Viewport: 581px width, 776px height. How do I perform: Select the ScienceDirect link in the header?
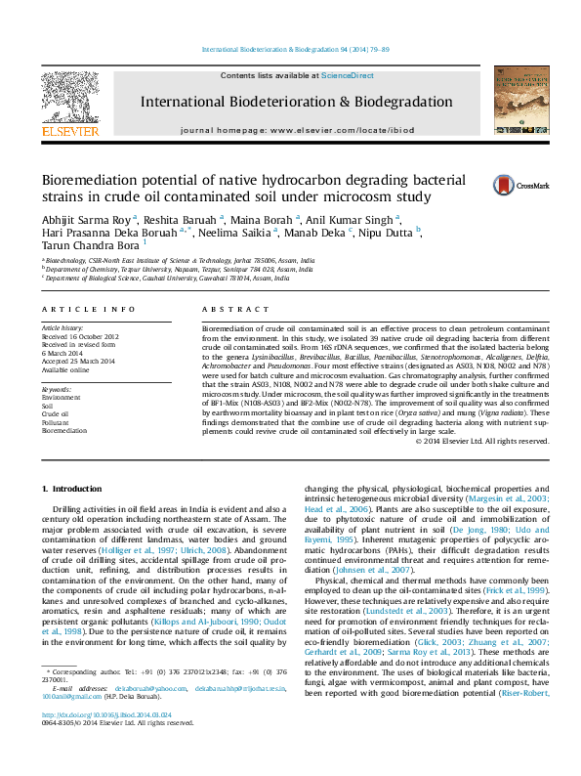point(348,75)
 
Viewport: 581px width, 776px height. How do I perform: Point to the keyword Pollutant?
point(57,421)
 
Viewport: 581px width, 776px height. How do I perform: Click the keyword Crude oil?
point(56,413)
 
